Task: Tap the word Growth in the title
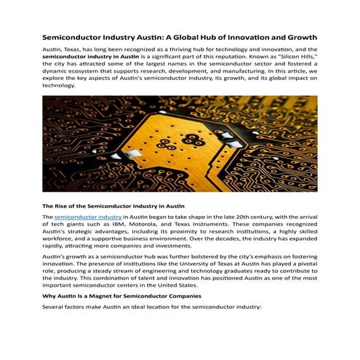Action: click(x=300, y=36)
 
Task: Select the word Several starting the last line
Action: click(x=55, y=308)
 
